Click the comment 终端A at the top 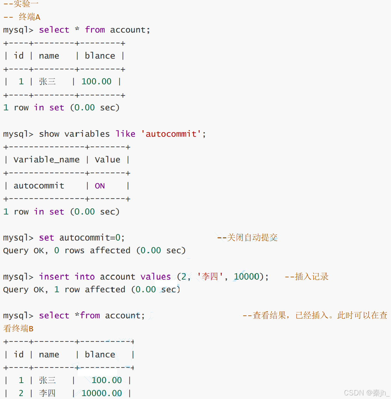pos(29,17)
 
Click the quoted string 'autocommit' pos(171,134)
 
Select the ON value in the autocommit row pos(100,186)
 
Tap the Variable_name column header pos(46,160)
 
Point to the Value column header pos(108,160)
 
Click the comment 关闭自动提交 pos(252,238)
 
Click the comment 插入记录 pos(311,277)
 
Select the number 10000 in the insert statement pos(247,277)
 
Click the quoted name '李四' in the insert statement pos(210,277)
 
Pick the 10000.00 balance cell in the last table pos(102,393)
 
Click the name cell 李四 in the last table pos(47,393)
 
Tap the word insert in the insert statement pos(54,277)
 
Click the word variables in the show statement pos(87,134)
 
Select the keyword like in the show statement pos(125,134)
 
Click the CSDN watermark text pos(366,393)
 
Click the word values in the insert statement pos(156,277)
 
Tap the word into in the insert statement pos(85,277)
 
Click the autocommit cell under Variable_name pos(39,186)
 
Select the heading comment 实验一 pos(26,4)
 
